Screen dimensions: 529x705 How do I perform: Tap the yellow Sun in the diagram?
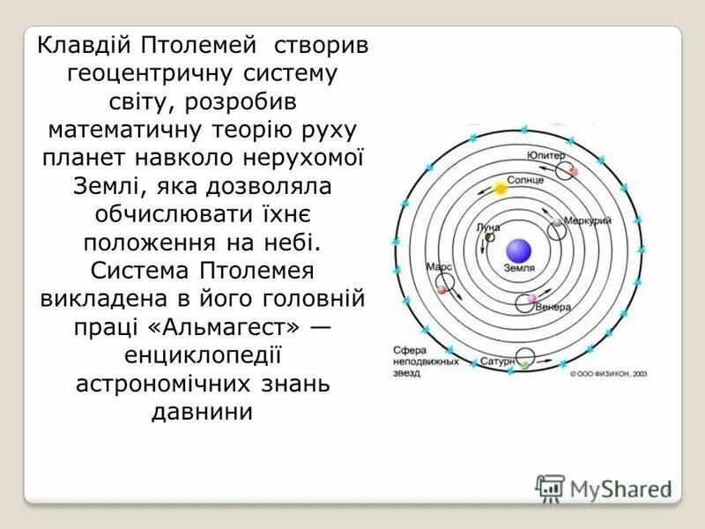tap(501, 189)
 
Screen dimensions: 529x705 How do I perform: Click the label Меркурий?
tap(587, 220)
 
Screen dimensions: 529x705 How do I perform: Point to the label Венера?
tap(554, 307)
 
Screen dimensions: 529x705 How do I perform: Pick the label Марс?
tap(439, 265)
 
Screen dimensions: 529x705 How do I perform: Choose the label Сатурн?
tap(497, 361)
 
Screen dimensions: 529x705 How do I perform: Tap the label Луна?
tap(487, 227)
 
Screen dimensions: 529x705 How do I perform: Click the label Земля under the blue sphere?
tap(518, 267)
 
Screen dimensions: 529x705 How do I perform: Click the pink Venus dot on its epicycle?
tap(531, 300)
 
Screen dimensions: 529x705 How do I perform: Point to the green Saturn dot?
tap(524, 364)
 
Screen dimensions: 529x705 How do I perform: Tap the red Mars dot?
tap(441, 288)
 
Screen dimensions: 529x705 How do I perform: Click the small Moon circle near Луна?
tap(489, 237)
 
